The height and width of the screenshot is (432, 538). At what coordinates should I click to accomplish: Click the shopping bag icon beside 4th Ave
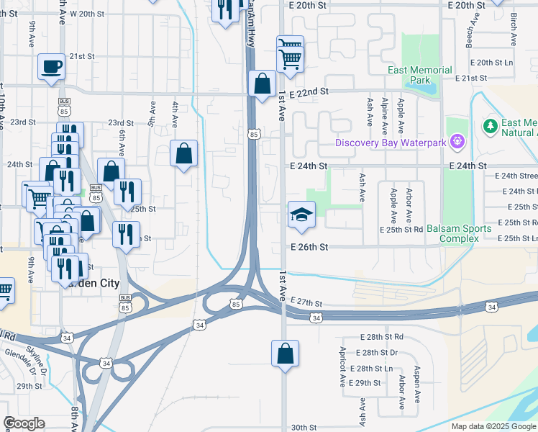click(184, 153)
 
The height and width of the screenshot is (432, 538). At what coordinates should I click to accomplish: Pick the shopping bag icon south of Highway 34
click(285, 354)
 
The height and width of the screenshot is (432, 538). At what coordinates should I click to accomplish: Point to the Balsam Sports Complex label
click(458, 233)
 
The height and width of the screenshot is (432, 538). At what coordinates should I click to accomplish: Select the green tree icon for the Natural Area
click(491, 127)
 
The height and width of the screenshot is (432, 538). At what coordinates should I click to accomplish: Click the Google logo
click(24, 423)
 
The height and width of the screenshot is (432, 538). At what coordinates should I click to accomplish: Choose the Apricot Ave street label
click(343, 364)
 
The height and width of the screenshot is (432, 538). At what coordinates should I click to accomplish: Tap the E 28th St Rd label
click(382, 337)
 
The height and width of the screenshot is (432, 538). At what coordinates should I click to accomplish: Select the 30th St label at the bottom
click(304, 427)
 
